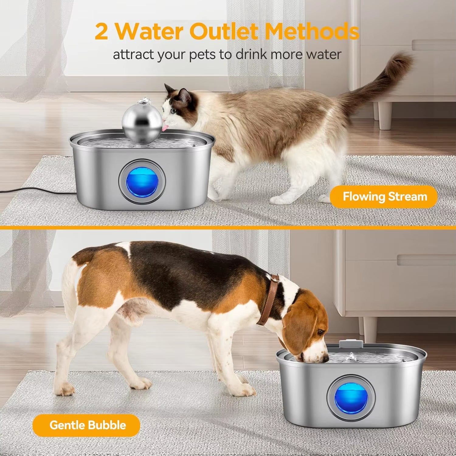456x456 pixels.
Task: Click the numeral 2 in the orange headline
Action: (102, 32)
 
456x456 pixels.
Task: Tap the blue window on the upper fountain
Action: (142, 182)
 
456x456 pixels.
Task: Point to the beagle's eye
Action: (320, 333)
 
